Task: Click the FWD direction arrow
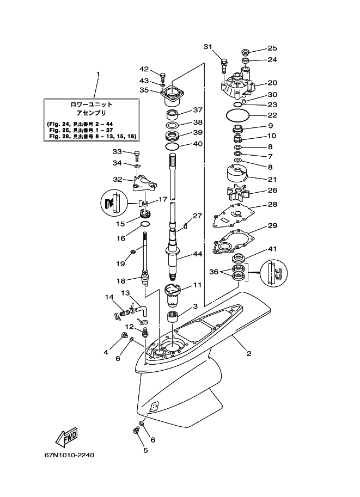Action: coord(66,437)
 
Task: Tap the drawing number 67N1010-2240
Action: coord(70,456)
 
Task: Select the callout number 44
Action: coord(197,254)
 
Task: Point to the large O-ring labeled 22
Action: coord(237,115)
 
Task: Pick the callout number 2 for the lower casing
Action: coord(249,353)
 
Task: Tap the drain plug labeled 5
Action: coord(137,431)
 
